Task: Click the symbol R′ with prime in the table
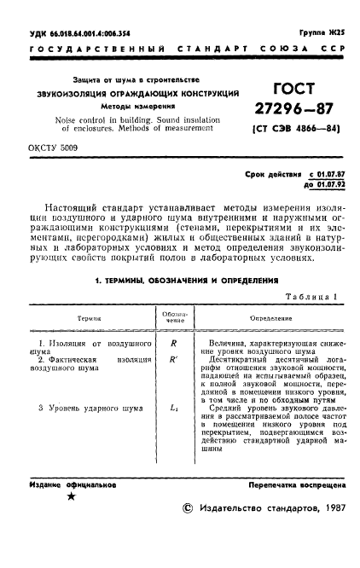174,360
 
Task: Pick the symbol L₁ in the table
174,408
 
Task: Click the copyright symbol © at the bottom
188,530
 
